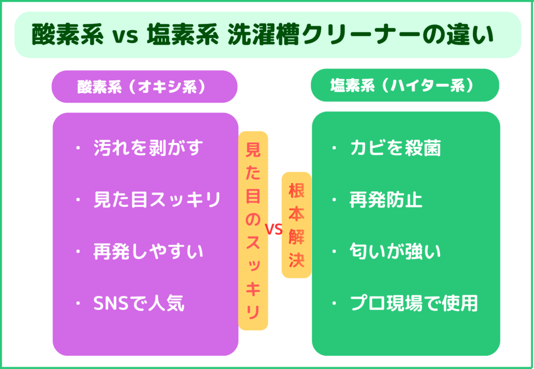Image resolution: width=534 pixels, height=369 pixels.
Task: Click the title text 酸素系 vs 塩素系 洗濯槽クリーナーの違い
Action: (x=262, y=35)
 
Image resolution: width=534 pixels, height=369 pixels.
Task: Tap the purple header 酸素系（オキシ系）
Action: (x=144, y=87)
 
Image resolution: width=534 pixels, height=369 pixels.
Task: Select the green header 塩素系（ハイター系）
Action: (x=405, y=85)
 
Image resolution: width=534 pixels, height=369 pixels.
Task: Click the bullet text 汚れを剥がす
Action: (x=148, y=147)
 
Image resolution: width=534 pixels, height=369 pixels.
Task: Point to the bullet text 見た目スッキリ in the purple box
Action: (x=157, y=200)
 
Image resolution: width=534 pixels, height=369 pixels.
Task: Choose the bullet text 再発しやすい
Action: (x=148, y=252)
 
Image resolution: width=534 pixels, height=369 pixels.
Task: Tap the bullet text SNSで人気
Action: (x=139, y=303)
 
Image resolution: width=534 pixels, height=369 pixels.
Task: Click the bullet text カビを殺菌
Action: (x=395, y=147)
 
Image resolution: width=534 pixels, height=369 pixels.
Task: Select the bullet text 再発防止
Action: (x=386, y=200)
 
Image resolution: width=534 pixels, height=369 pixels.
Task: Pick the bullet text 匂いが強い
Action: (x=395, y=252)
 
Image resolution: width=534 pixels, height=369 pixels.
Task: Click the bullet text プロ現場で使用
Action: (x=414, y=303)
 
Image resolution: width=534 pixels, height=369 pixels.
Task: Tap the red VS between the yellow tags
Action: (x=274, y=230)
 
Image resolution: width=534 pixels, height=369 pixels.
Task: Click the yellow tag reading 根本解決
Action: (x=296, y=225)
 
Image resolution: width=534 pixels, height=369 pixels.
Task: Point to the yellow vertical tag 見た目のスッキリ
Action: (x=253, y=231)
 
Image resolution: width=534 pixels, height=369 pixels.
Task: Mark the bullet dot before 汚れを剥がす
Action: (x=78, y=147)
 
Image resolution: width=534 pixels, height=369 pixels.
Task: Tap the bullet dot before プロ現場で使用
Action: (x=334, y=303)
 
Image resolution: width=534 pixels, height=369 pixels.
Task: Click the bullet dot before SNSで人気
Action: (x=78, y=303)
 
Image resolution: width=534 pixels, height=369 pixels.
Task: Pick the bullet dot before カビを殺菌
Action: (x=334, y=147)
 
